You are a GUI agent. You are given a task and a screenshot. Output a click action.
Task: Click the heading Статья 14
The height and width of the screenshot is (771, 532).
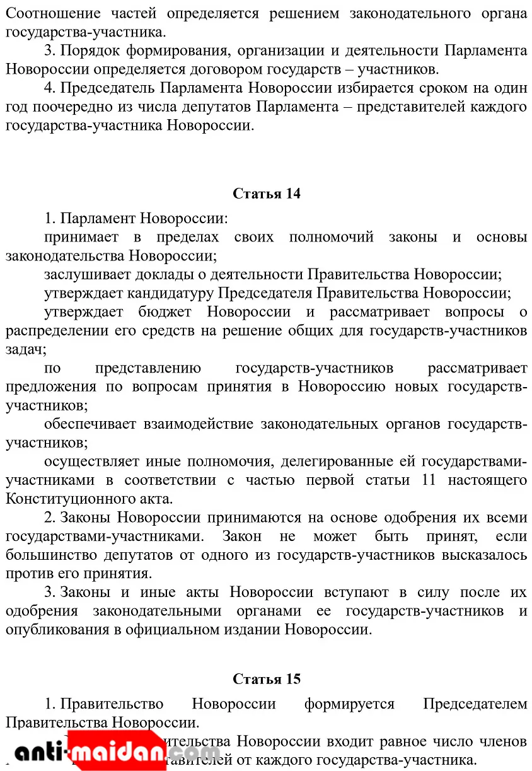[x=267, y=194]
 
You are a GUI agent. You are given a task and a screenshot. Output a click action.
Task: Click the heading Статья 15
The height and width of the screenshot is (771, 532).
[x=267, y=679]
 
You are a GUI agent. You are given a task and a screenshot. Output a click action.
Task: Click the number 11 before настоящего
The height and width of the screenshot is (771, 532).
[x=429, y=480]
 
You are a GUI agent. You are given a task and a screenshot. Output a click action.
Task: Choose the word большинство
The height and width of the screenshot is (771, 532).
[x=54, y=555]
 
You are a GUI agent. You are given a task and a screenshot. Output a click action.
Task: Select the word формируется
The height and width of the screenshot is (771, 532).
[x=349, y=704]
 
